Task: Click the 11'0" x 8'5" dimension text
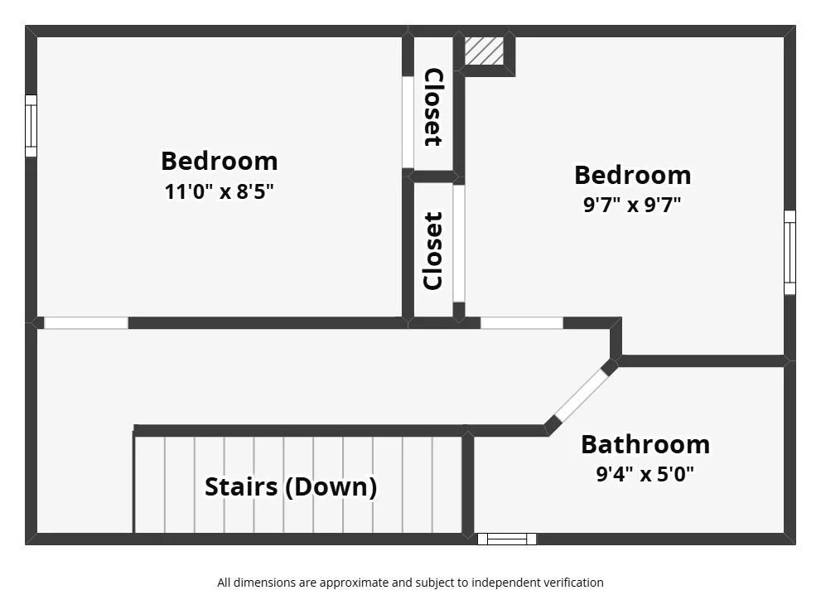pos(219,191)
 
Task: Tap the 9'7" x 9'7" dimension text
pos(632,205)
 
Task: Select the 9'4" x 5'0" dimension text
pos(645,474)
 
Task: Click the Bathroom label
pos(645,445)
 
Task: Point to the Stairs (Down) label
pos(291,486)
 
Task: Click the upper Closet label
pos(433,108)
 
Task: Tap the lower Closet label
pos(433,251)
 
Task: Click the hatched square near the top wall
pos(485,51)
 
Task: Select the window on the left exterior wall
pos(31,126)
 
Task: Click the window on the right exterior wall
pos(790,253)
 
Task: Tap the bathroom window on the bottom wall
pos(507,539)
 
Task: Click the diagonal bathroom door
pos(582,396)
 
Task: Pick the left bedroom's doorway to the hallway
pos(86,323)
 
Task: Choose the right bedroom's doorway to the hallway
pos(521,323)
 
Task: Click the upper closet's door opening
pos(408,122)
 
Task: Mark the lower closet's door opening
pos(459,244)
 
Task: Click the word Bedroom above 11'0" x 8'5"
pos(219,161)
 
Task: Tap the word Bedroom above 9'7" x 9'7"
pos(632,175)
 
